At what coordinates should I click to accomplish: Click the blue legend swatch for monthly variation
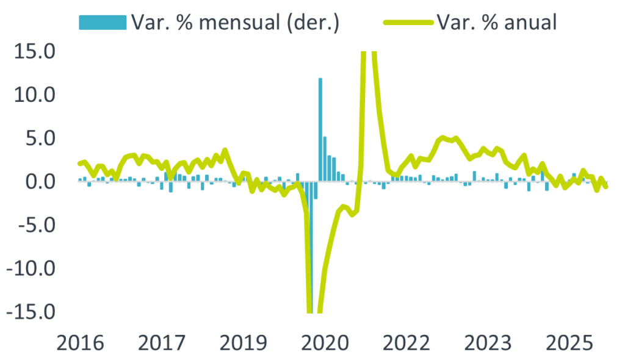tap(102, 22)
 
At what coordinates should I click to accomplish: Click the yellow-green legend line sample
tap(409, 23)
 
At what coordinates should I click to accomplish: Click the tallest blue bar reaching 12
tap(320, 128)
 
